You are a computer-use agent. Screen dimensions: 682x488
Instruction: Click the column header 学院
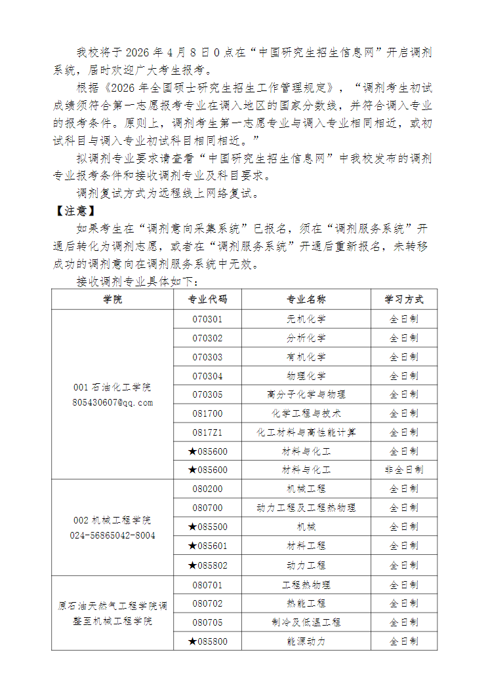[112, 300]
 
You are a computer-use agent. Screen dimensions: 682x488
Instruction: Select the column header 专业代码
[207, 300]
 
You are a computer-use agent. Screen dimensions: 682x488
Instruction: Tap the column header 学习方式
[404, 300]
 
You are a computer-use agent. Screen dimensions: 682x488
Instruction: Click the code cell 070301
[207, 320]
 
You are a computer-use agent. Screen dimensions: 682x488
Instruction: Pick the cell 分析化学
[306, 339]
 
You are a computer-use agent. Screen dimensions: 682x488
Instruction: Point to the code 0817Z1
[207, 432]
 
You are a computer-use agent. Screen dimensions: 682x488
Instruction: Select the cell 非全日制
[404, 470]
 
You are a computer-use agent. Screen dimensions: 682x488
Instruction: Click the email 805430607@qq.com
[112, 402]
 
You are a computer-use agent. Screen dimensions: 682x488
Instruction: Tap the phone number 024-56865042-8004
[112, 535]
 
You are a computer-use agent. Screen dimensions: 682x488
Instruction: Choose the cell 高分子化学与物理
[306, 394]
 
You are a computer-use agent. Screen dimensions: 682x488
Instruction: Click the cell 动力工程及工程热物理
[306, 508]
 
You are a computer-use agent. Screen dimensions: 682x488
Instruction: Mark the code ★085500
[207, 527]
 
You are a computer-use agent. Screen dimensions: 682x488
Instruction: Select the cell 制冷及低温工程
[306, 622]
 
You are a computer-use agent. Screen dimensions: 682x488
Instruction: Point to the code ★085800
[207, 641]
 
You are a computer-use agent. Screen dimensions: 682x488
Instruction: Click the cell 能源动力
[306, 641]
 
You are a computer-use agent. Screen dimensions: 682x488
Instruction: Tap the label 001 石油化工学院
[112, 388]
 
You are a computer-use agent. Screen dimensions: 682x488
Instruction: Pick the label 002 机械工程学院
[112, 521]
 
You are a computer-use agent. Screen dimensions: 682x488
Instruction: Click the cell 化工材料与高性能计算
[306, 432]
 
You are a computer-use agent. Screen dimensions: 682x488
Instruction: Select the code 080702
[207, 603]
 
